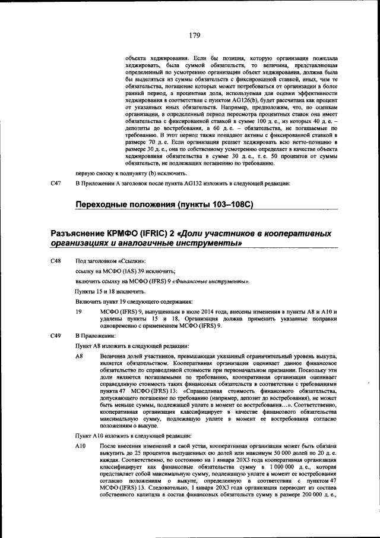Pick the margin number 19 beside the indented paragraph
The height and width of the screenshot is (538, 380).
pos(78,311)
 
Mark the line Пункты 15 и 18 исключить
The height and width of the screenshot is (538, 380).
pos(109,291)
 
